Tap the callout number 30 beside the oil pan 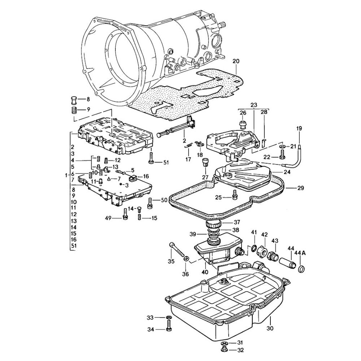(x=270, y=328)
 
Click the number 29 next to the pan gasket (x=300, y=188)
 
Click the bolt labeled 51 (x=151, y=158)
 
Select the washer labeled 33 (x=169, y=317)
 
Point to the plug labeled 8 (x=74, y=99)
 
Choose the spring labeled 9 (x=74, y=109)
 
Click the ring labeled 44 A (x=301, y=269)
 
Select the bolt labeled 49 (x=125, y=214)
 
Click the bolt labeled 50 (x=149, y=203)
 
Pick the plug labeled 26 (x=243, y=125)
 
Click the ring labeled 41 (x=254, y=248)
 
